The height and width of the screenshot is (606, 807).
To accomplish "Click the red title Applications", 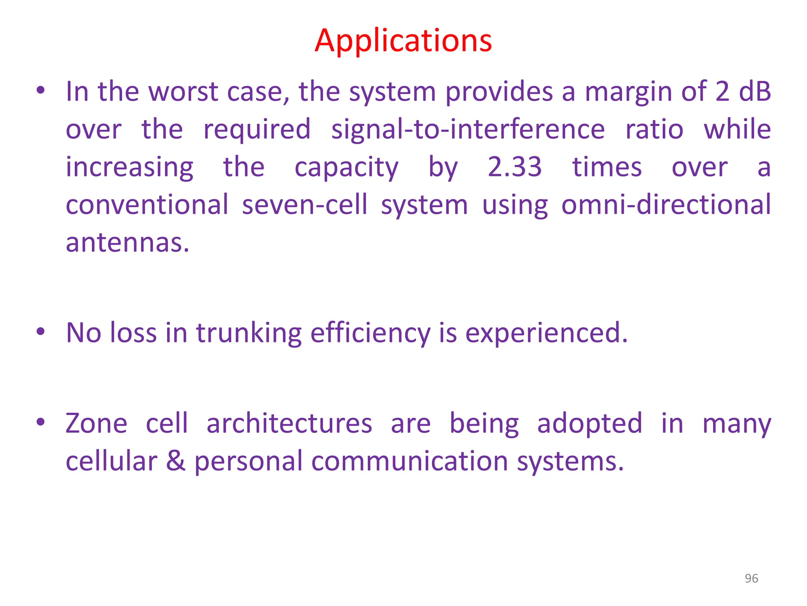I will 403,41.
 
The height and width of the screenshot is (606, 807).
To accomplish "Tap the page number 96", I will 751,578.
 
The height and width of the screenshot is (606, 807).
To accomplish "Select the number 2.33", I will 515,167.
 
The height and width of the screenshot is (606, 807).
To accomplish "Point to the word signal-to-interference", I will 468,129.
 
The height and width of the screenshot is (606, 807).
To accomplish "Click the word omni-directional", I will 666,205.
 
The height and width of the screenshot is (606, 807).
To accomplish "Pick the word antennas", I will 127,243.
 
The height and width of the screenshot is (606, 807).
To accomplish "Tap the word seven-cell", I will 304,205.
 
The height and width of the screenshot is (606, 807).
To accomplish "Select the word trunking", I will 249,333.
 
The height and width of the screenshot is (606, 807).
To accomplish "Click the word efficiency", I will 370,333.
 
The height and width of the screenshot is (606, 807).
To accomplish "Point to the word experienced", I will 546,333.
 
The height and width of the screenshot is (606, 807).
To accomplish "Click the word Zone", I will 97,423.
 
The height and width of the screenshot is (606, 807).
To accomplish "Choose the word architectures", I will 289,423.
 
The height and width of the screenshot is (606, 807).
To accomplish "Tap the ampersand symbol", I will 175,461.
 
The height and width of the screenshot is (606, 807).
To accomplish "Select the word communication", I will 409,461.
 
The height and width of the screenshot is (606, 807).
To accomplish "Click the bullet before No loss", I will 40,332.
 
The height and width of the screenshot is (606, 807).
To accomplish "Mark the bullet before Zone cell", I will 40,422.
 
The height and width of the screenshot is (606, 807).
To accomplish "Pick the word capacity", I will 346,168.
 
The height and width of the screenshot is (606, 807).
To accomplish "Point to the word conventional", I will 147,205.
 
